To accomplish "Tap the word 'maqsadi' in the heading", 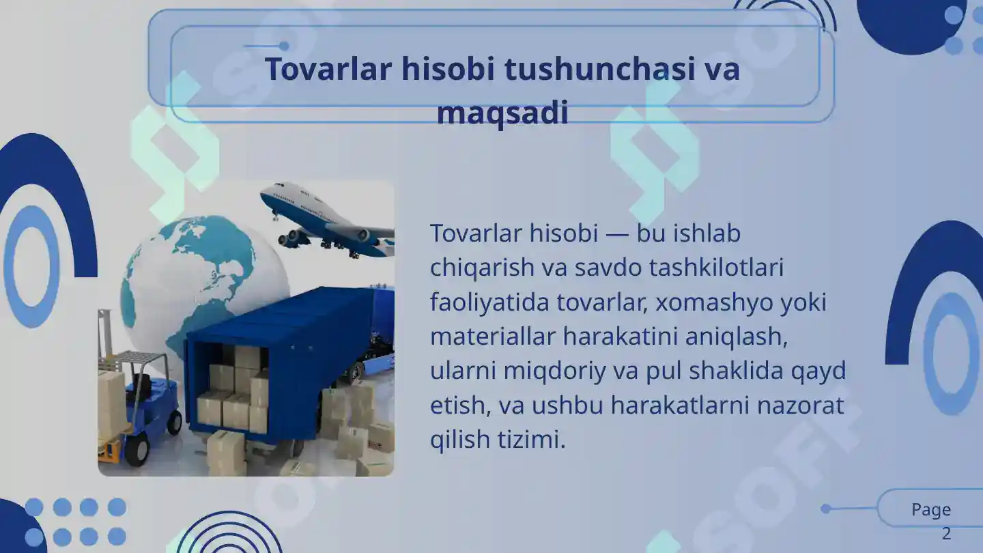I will [502, 113].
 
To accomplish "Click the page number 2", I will [946, 534].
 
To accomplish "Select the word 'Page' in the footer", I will [931, 510].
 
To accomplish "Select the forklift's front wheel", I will [137, 450].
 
